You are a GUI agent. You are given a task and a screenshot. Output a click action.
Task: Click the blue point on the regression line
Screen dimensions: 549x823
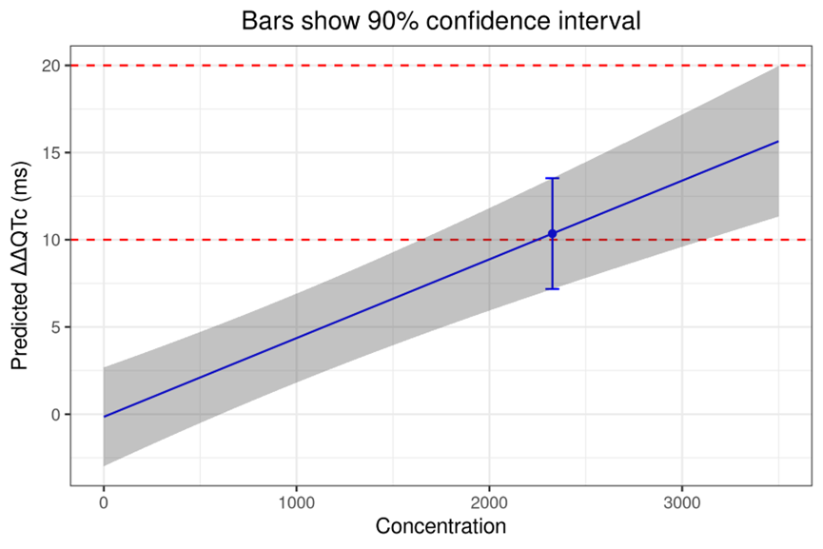552,233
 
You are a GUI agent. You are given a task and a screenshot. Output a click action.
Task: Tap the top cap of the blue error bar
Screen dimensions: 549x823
552,178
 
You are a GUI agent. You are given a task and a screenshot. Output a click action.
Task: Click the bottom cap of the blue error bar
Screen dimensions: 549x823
552,288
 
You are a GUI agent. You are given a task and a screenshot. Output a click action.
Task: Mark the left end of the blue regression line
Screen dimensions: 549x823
104,417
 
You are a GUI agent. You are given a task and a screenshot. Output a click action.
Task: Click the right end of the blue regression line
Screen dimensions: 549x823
778,142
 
